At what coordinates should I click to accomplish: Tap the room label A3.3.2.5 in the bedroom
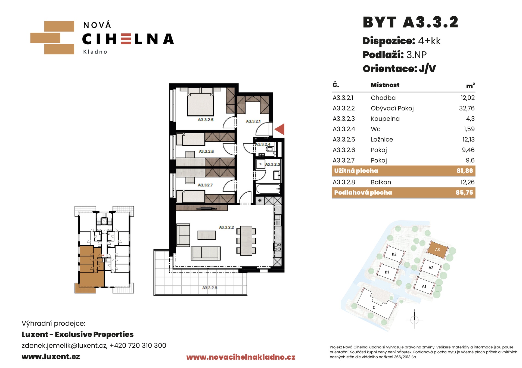206,120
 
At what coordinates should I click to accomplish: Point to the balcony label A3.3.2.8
210,288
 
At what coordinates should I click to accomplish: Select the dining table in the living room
246,240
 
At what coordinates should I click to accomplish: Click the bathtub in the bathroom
268,189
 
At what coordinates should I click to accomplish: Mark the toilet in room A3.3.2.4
270,149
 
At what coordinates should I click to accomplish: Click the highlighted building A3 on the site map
437,250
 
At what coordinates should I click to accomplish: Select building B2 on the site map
394,254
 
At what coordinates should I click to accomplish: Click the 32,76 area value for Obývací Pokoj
467,108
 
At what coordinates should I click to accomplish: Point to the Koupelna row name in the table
385,119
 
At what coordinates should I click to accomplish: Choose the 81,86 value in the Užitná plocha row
465,171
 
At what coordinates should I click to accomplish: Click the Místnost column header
385,85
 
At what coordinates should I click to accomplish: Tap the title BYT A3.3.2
411,22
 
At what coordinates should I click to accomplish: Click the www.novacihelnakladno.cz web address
241,357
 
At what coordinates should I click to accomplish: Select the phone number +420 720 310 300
138,345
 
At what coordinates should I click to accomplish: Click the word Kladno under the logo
95,52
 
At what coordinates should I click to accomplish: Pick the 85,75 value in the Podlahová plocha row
464,193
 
